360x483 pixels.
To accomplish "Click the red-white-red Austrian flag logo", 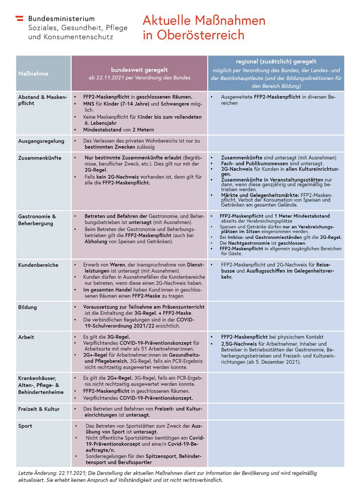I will click(x=19, y=19).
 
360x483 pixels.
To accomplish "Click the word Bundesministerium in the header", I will click(x=61, y=19).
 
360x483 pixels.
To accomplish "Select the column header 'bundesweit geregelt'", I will click(x=139, y=70).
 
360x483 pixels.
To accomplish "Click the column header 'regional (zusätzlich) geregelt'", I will click(x=276, y=62).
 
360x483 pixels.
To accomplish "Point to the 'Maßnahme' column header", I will click(x=33, y=74).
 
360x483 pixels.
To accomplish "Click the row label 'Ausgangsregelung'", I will click(x=41, y=141).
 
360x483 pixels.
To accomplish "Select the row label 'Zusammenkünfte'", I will click(x=40, y=158).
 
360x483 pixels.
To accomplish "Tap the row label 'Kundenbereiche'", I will click(x=38, y=265).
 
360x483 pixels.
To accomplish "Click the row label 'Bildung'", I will click(x=27, y=307).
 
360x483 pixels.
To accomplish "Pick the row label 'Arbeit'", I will click(x=26, y=337).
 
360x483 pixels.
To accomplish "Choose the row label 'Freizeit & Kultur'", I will click(x=39, y=409).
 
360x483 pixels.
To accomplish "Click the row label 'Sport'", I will click(x=25, y=426).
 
